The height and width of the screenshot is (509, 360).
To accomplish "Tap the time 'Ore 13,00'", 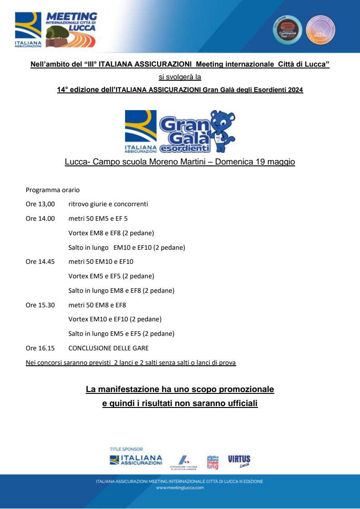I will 40,204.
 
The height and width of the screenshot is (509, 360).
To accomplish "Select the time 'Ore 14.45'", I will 40,262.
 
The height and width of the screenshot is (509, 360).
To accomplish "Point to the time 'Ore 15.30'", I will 40,305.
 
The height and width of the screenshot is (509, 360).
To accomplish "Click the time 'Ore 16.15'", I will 40,348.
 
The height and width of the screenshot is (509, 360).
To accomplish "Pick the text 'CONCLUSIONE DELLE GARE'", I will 108,348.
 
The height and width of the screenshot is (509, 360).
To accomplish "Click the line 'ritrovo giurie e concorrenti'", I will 108,204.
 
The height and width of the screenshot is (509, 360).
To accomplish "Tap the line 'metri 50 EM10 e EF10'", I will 101,262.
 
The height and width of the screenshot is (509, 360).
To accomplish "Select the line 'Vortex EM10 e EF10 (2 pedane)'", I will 115,319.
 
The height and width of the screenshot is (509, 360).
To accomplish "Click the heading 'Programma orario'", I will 53,189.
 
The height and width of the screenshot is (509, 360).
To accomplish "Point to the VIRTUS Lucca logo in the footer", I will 239,461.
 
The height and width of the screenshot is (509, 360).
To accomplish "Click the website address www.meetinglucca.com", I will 180,488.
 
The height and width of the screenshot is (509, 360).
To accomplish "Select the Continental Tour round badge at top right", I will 287,30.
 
